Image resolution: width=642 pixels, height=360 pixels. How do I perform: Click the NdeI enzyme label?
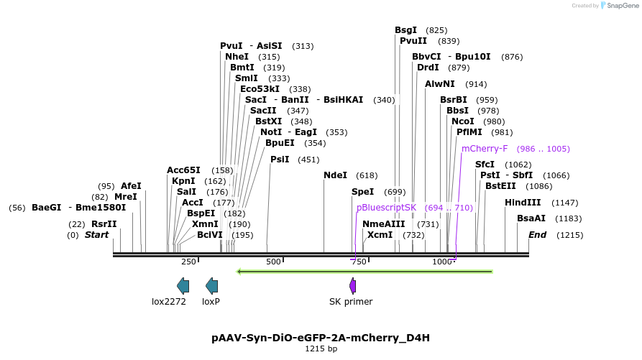pyautogui.click(x=335, y=175)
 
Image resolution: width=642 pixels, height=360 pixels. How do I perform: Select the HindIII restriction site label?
pyautogui.click(x=522, y=203)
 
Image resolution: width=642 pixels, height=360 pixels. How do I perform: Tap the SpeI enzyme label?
pyautogui.click(x=363, y=192)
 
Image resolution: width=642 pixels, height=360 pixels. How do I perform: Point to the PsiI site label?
pyautogui.click(x=280, y=159)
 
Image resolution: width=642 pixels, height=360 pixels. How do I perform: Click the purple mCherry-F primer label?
pyautogui.click(x=485, y=149)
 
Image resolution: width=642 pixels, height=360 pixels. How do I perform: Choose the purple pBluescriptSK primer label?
pyautogui.click(x=386, y=207)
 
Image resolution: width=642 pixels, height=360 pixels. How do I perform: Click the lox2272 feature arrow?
pyautogui.click(x=183, y=285)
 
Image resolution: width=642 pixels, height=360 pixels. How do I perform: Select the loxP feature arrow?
pyautogui.click(x=212, y=285)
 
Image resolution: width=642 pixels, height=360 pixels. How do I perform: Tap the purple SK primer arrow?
pyautogui.click(x=353, y=285)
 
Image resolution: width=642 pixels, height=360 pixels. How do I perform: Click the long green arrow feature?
pyautogui.click(x=364, y=272)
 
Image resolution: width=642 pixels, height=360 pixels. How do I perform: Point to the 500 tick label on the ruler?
pyautogui.click(x=273, y=262)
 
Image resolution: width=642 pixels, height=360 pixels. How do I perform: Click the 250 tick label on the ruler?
pyautogui.click(x=188, y=262)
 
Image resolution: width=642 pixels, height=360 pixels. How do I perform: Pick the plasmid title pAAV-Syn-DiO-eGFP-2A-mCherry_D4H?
pyautogui.click(x=321, y=337)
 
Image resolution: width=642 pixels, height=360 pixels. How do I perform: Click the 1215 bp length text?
pyautogui.click(x=321, y=349)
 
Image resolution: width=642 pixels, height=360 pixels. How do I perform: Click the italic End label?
pyautogui.click(x=537, y=235)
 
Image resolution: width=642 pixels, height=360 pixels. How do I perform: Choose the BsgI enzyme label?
pyautogui.click(x=405, y=30)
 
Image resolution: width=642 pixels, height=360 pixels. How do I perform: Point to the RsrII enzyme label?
pyautogui.click(x=104, y=224)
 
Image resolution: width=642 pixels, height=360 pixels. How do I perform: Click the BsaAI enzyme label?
pyautogui.click(x=531, y=218)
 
